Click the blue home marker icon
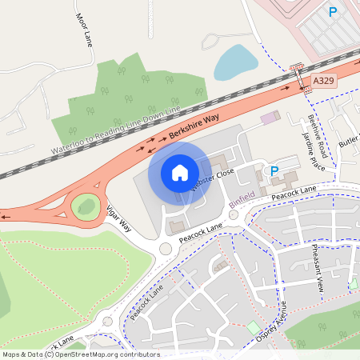pos(180,173)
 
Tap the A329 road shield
pos(324,81)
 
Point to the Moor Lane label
pos(84,30)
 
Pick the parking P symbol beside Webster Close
pos(274,170)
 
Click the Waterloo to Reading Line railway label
pos(116,128)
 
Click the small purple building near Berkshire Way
pos(269,118)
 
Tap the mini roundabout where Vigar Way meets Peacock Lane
pos(166,248)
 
